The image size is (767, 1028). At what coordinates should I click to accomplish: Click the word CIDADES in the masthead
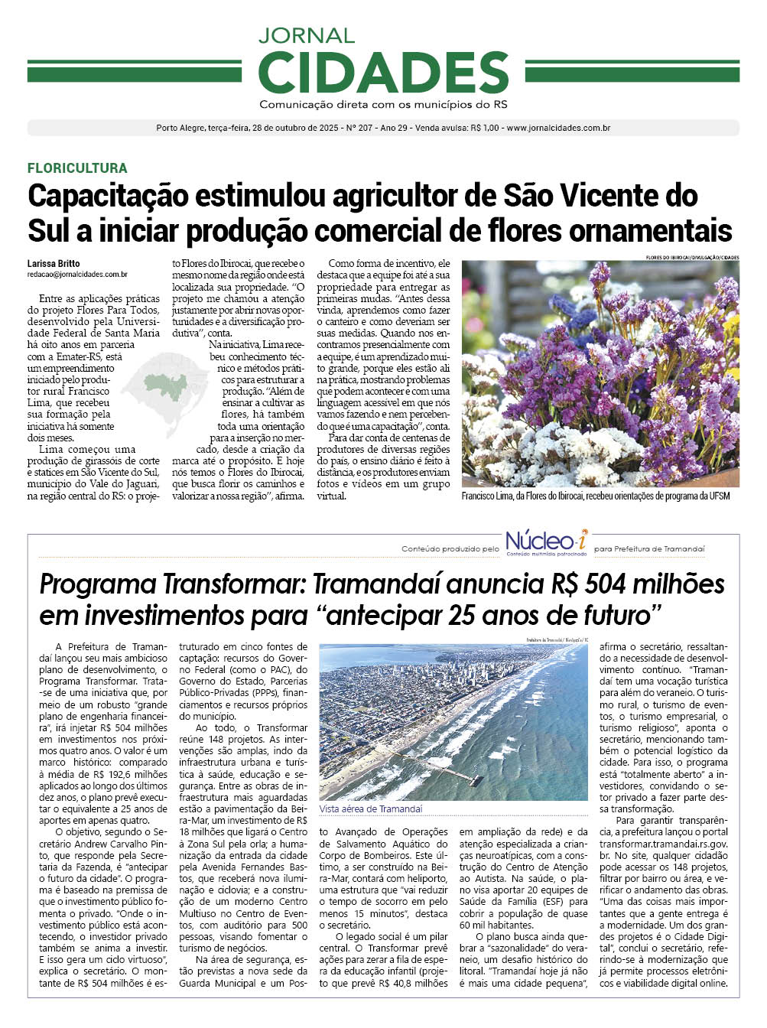pyautogui.click(x=383, y=72)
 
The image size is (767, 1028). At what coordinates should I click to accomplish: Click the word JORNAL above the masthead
pyautogui.click(x=306, y=35)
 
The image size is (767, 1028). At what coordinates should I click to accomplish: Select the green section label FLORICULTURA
pyautogui.click(x=77, y=168)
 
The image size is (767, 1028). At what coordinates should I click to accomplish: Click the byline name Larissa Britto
pyautogui.click(x=54, y=264)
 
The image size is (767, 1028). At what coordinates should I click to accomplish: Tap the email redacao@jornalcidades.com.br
pyautogui.click(x=77, y=274)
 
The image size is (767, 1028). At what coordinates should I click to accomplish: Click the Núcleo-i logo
pyautogui.click(x=546, y=541)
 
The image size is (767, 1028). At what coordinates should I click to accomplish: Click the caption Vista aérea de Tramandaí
pyautogui.click(x=371, y=808)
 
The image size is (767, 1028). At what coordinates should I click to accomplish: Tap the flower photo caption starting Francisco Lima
pyautogui.click(x=596, y=496)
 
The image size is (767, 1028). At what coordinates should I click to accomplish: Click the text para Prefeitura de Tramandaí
pyautogui.click(x=649, y=549)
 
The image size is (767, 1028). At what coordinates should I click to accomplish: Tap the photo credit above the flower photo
pyautogui.click(x=692, y=257)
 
